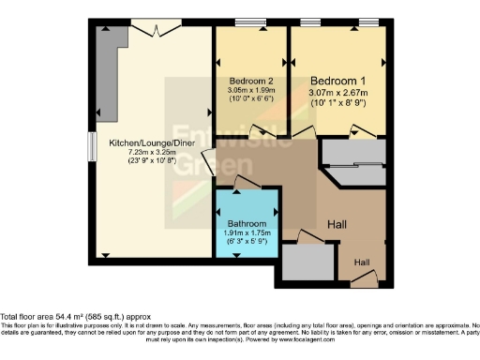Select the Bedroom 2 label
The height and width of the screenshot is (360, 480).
click(251, 81)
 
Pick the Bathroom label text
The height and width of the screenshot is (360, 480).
click(247, 225)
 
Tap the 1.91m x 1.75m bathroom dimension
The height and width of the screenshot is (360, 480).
click(247, 234)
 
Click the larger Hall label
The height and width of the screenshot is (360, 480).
click(339, 225)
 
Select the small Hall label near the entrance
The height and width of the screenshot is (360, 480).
click(361, 262)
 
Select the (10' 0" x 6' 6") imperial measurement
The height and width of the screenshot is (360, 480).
click(251, 99)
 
